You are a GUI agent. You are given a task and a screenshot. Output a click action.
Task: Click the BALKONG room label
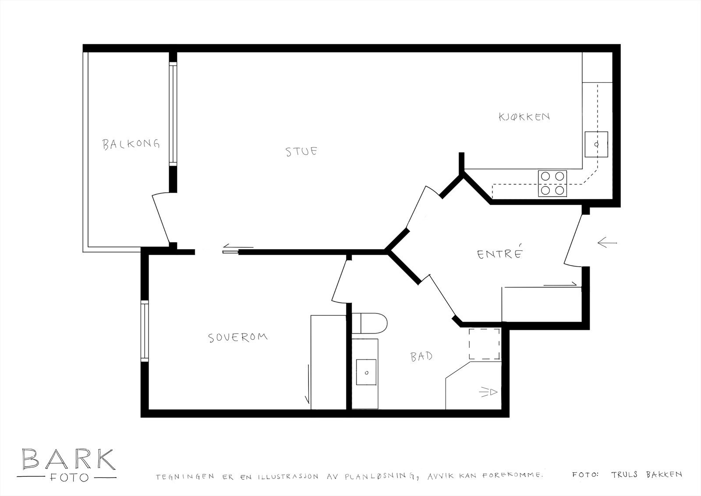pos(131,144)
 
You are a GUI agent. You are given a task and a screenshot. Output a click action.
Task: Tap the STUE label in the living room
pos(301,151)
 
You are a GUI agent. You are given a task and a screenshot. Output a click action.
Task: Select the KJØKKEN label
pos(524,117)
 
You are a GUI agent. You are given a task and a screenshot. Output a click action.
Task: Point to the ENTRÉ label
pos(500,253)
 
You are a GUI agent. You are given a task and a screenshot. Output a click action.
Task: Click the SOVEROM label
pos(237,338)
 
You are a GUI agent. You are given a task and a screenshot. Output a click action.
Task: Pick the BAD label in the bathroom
pos(421,356)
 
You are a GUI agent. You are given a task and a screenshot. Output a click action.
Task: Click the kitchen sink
pos(596,144)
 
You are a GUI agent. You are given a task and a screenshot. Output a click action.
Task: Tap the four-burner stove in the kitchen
pos(552,183)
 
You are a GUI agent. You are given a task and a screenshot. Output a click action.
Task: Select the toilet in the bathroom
pos(371,324)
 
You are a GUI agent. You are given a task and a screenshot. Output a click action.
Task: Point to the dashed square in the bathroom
pos(485,344)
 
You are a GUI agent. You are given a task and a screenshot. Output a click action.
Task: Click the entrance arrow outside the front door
pos(607,242)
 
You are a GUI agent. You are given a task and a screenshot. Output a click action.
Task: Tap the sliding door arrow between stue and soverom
pos(237,248)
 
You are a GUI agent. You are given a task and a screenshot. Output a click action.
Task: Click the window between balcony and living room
pos(173,114)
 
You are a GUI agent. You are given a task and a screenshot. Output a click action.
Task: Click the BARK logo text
pos(68,459)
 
